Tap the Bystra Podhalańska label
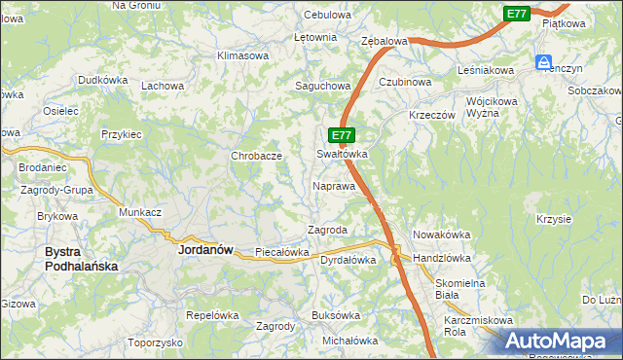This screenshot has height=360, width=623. pyautogui.click(x=81, y=259)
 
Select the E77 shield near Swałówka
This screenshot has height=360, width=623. pyautogui.click(x=340, y=135)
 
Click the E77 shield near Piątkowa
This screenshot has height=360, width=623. pyautogui.click(x=517, y=13)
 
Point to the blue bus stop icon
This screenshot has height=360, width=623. pyautogui.click(x=542, y=62)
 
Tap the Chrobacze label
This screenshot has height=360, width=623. pyautogui.click(x=256, y=156)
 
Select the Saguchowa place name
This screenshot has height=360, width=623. pyautogui.click(x=322, y=86)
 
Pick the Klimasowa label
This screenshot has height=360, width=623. pyautogui.click(x=242, y=56)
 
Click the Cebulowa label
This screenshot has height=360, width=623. pyautogui.click(x=326, y=16)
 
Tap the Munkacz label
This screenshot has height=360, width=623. pyautogui.click(x=139, y=212)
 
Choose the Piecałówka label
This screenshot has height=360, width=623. pyautogui.click(x=281, y=252)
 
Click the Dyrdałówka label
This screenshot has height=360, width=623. pyautogui.click(x=348, y=260)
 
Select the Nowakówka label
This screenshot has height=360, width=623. pyautogui.click(x=442, y=234)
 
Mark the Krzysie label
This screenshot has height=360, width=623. pyautogui.click(x=553, y=219)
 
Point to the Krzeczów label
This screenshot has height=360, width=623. pyautogui.click(x=432, y=115)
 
